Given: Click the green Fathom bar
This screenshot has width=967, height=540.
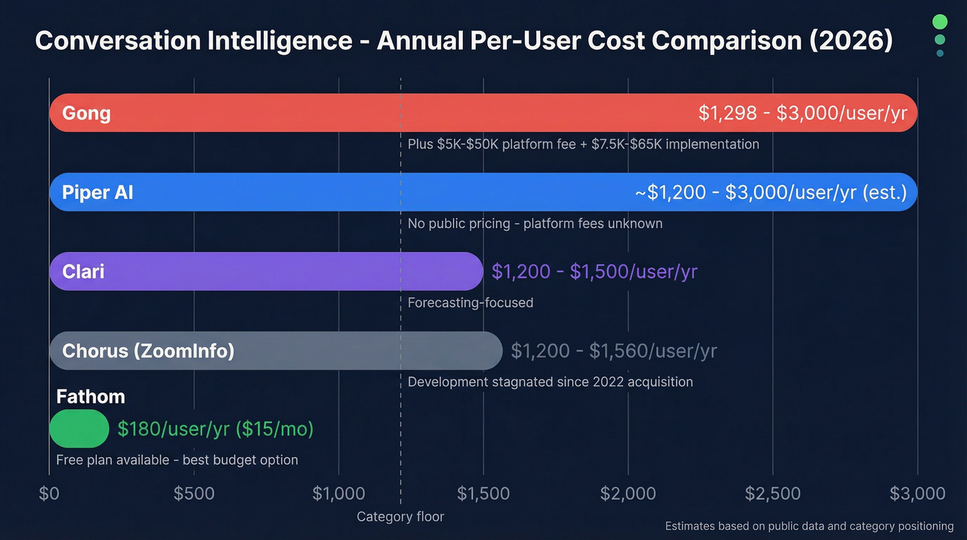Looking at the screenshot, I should point(79,429).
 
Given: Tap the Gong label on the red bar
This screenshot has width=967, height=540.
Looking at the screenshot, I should point(86,113).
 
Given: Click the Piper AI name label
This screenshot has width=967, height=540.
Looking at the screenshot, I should point(97,192).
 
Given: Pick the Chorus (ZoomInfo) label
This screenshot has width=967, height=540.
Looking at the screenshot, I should point(149,351).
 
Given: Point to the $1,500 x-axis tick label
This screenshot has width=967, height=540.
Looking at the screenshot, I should point(483,494).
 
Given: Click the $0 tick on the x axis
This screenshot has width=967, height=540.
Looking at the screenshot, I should point(49,494).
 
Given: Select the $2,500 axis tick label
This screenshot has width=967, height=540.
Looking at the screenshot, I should point(773,494).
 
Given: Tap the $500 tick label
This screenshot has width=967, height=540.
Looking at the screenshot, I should point(194,494).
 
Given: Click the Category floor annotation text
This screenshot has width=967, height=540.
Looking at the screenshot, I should point(401,516).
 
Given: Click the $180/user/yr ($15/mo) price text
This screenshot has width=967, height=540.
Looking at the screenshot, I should point(216,429).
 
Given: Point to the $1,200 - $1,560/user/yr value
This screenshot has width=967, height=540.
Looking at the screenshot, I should point(614,351).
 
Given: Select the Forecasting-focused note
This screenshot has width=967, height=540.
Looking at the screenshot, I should point(470,303).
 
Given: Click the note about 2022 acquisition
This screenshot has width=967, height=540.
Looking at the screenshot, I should point(550,382).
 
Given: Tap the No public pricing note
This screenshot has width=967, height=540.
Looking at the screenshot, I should point(535,223).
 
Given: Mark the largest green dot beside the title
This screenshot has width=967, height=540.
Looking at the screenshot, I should point(939,21).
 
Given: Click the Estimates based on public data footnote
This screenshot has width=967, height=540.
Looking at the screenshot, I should point(809,526).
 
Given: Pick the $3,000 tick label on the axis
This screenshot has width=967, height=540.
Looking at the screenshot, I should point(917,494).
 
